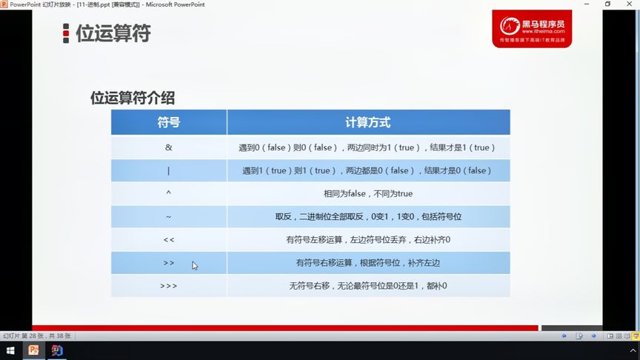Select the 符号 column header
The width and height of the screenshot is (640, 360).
pyautogui.click(x=169, y=122)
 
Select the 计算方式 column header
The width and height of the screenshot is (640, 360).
pyautogui.click(x=368, y=122)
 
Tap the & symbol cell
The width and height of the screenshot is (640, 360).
pyautogui.click(x=169, y=147)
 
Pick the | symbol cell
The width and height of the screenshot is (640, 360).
pyautogui.click(x=169, y=170)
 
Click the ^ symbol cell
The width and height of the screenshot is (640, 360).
pyautogui.click(x=169, y=193)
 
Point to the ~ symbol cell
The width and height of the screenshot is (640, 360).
pyautogui.click(x=169, y=216)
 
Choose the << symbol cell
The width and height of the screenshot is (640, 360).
pyautogui.click(x=169, y=239)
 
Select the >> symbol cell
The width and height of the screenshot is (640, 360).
pyautogui.click(x=169, y=262)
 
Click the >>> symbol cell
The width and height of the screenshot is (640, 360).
pyautogui.click(x=169, y=285)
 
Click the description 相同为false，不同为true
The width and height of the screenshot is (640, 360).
pyautogui.click(x=368, y=193)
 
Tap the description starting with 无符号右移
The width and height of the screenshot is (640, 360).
pyautogui.click(x=368, y=285)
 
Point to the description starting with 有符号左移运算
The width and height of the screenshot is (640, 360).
pyautogui.click(x=368, y=239)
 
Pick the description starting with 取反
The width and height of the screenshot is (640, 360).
pyautogui.click(x=368, y=216)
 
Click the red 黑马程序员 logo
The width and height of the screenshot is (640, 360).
pyautogui.click(x=532, y=28)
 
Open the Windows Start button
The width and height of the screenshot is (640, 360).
pyautogui.click(x=11, y=350)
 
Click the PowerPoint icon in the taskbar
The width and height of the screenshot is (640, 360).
pyautogui.click(x=33, y=350)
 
